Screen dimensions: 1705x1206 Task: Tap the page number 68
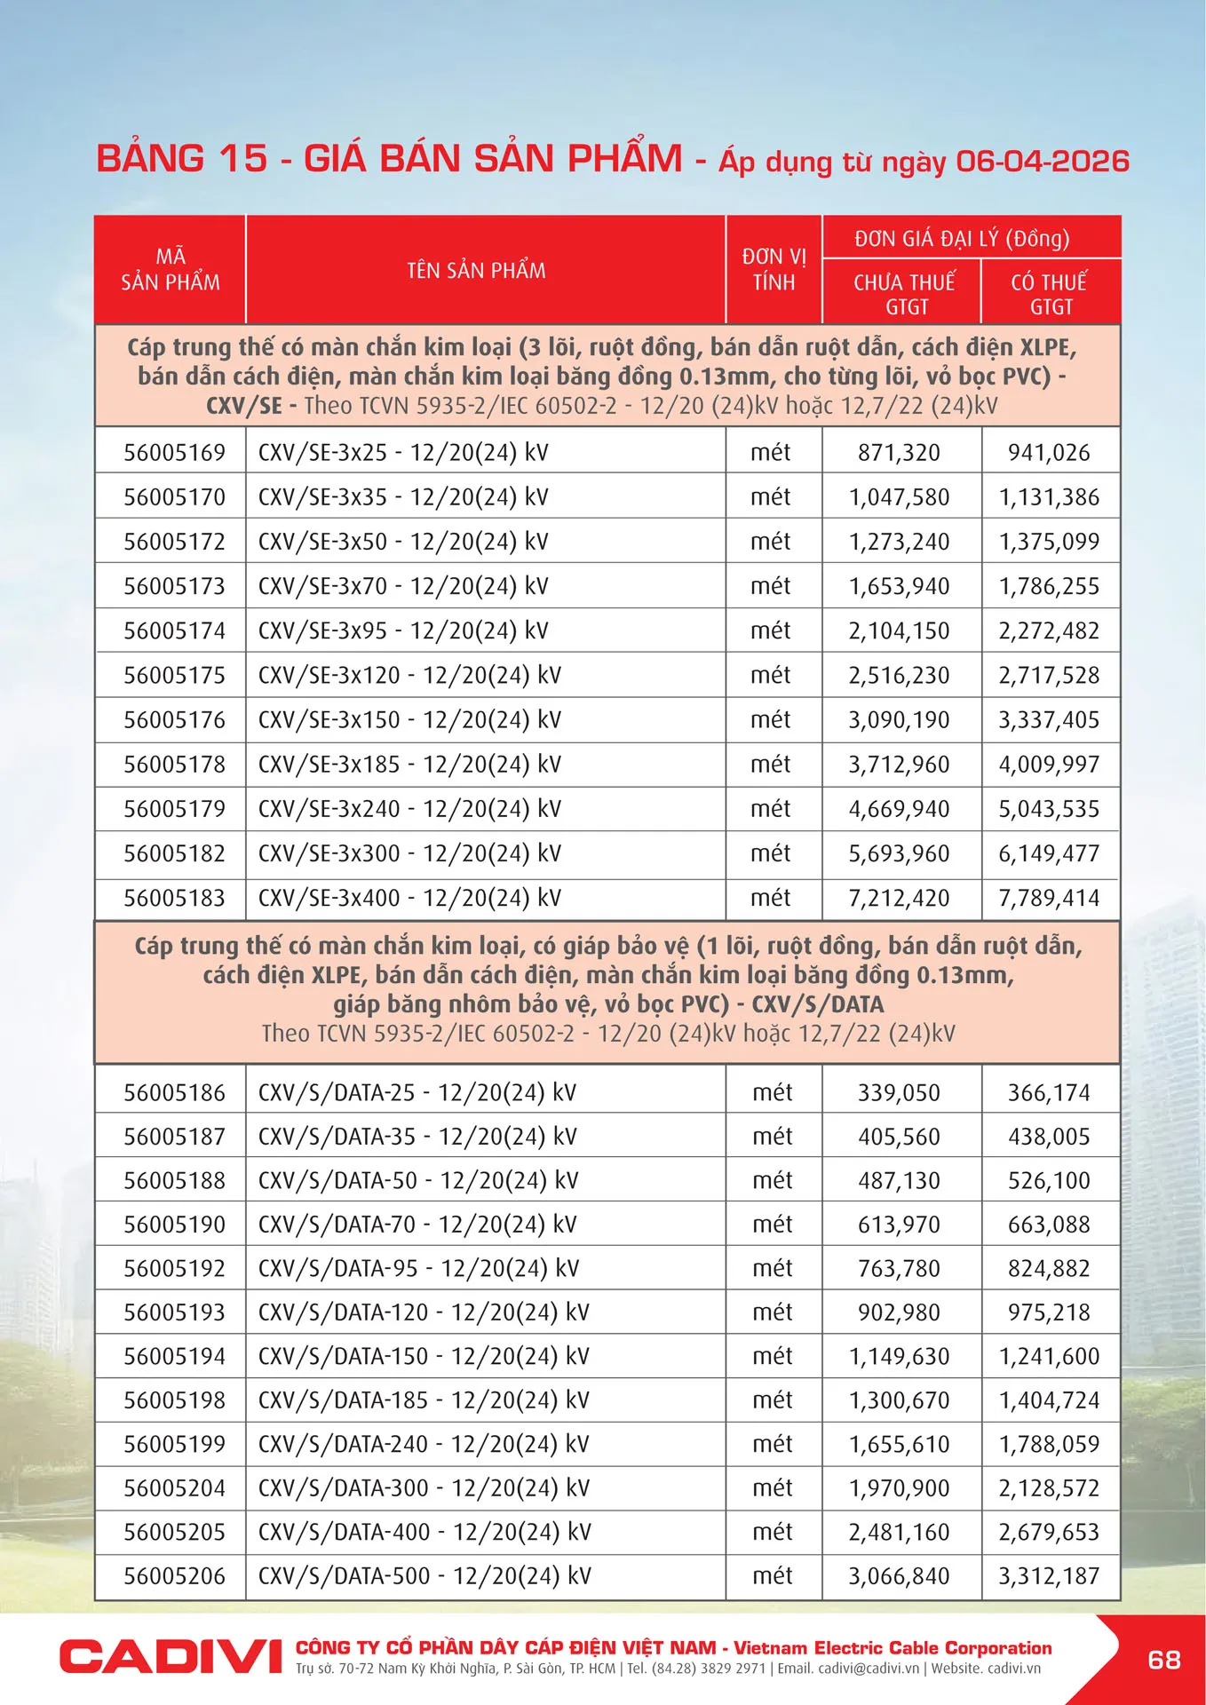(x=1163, y=1659)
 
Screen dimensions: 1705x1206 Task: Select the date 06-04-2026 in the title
(x=1042, y=161)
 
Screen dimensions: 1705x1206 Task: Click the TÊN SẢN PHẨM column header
(x=476, y=270)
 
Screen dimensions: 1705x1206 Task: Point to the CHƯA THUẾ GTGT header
(x=903, y=294)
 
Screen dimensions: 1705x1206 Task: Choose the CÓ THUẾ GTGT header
(x=1050, y=294)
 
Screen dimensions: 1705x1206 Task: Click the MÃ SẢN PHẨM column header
(x=171, y=270)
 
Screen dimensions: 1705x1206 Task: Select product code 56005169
(x=174, y=452)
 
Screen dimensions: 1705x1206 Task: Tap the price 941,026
(x=1049, y=452)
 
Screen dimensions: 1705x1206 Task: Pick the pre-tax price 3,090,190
(x=899, y=719)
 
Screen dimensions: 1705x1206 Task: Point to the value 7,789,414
(x=1049, y=898)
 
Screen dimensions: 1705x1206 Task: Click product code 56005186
(x=174, y=1092)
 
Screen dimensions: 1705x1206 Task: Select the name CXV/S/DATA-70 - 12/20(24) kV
(x=417, y=1225)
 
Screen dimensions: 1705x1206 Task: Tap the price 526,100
(x=1049, y=1180)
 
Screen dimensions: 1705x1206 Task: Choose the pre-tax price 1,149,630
(x=899, y=1356)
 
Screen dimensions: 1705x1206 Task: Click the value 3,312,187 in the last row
(x=1049, y=1576)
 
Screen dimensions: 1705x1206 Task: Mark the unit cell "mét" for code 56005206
(x=772, y=1576)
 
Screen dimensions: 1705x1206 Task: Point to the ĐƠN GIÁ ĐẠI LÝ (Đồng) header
(x=962, y=238)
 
